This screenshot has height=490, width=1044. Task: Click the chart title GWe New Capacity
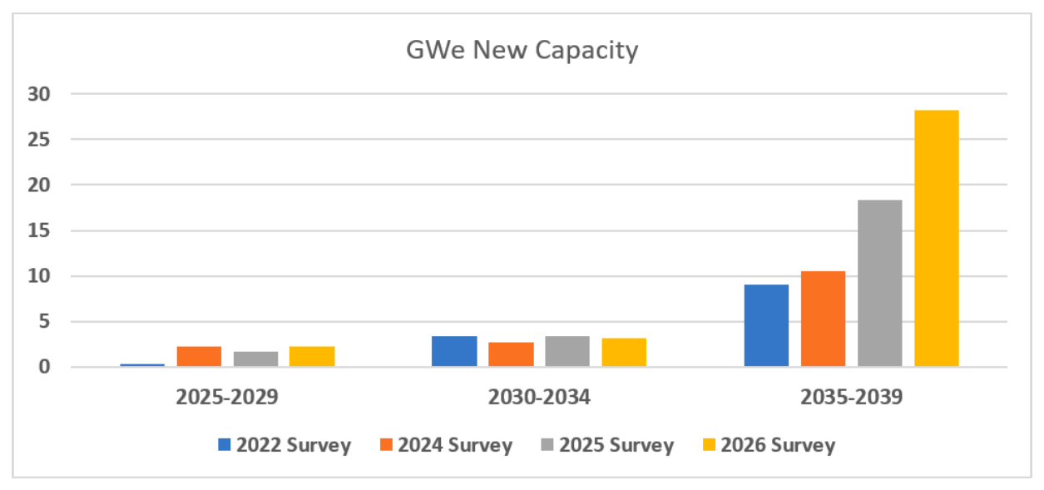click(x=522, y=51)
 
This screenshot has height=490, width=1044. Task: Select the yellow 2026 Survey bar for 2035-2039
click(x=937, y=238)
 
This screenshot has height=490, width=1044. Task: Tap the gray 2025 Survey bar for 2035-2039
click(x=879, y=283)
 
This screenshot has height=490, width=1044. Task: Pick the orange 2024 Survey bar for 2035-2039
click(x=823, y=319)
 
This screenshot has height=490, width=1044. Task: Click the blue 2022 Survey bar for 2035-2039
click(x=766, y=325)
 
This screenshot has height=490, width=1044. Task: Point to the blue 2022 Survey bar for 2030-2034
click(x=454, y=351)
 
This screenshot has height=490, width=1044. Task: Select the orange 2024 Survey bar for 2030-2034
click(x=511, y=354)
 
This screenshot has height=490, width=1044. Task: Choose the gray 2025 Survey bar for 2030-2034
click(x=567, y=351)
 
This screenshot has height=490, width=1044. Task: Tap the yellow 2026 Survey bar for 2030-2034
click(x=624, y=352)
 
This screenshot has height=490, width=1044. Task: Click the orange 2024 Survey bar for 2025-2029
click(x=199, y=356)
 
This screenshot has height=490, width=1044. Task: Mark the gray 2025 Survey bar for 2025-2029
click(x=256, y=359)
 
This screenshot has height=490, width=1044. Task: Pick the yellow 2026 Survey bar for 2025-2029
click(x=312, y=356)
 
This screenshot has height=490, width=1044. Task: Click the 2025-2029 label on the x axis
click(x=227, y=397)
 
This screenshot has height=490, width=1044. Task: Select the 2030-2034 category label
click(x=539, y=397)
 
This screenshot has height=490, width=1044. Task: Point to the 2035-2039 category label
click(x=852, y=397)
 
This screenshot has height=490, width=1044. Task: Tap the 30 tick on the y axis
click(x=39, y=94)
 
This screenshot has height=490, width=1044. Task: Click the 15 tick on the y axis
click(x=39, y=230)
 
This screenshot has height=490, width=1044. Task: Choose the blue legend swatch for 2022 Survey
click(x=224, y=444)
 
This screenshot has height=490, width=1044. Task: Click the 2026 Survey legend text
click(x=778, y=445)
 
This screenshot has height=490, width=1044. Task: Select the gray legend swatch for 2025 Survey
click(x=547, y=444)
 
